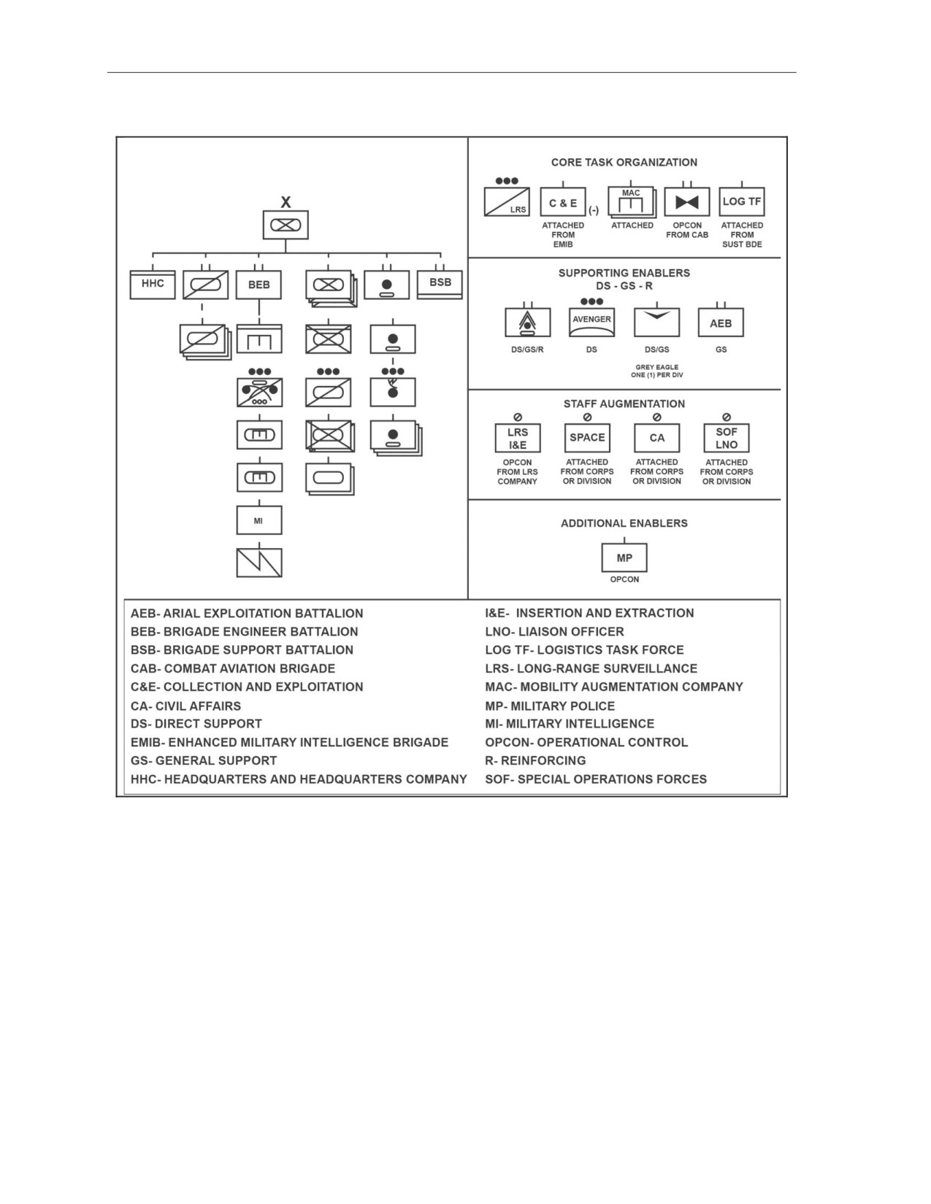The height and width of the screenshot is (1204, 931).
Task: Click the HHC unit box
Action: point(153,285)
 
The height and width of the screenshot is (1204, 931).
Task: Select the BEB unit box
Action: point(259,285)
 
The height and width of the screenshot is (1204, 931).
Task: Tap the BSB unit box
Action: point(440,285)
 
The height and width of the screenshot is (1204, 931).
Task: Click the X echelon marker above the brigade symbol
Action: point(286,202)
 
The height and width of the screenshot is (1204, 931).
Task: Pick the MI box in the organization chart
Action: point(259,520)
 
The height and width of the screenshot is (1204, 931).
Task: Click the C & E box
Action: point(563,201)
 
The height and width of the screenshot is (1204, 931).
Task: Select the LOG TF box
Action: point(742,201)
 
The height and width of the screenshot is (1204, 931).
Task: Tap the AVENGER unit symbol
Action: point(591,323)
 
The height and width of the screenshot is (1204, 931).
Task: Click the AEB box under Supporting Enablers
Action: point(721,323)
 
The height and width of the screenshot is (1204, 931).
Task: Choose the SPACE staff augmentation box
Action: point(587,438)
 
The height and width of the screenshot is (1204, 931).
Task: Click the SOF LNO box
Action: point(727,438)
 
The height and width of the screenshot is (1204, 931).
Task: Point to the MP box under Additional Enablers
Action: point(624,557)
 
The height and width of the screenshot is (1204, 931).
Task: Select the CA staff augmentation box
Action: point(657,438)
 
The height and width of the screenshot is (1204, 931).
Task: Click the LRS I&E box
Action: point(518,438)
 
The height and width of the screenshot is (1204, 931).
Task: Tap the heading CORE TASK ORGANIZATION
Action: point(624,162)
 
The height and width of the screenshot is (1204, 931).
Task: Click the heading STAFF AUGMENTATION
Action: point(624,404)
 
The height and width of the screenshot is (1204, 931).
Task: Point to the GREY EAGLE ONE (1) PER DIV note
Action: point(657,371)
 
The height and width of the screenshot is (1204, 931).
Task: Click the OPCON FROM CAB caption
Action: point(687,230)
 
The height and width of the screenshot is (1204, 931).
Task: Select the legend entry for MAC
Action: point(614,687)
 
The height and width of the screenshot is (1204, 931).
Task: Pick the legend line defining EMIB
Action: point(289,742)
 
